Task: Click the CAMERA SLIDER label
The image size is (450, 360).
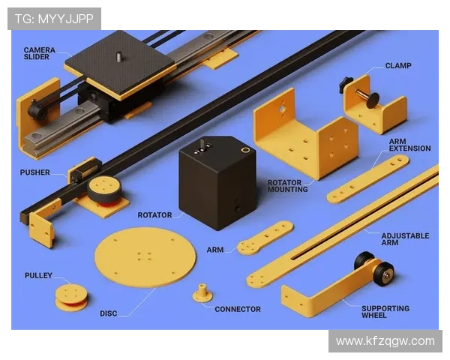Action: pyautogui.click(x=40, y=53)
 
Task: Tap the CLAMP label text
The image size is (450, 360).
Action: pyautogui.click(x=398, y=66)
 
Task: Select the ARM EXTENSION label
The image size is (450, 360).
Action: pyautogui.click(x=409, y=145)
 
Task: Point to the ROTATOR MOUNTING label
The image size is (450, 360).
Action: pyautogui.click(x=287, y=186)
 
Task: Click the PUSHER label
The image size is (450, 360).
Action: pyautogui.click(x=35, y=172)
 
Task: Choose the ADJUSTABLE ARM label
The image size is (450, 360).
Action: pyautogui.click(x=405, y=239)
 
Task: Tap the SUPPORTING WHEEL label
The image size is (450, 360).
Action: pyautogui.click(x=385, y=312)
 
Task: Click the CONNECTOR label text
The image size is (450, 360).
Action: pyautogui.click(x=238, y=309)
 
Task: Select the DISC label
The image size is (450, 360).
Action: pyautogui.click(x=109, y=313)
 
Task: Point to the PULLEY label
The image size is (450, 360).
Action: pyautogui.click(x=38, y=275)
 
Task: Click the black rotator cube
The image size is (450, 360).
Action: pyautogui.click(x=217, y=182)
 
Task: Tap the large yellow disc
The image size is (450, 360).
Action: pyautogui.click(x=145, y=257)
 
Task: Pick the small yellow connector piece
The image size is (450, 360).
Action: pyautogui.click(x=202, y=292)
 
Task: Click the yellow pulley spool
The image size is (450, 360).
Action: pyautogui.click(x=71, y=298)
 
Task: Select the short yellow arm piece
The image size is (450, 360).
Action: pyautogui.click(x=265, y=238)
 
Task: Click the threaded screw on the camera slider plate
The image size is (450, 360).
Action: pyautogui.click(x=118, y=56)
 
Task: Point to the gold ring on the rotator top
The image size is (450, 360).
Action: pyautogui.click(x=245, y=149)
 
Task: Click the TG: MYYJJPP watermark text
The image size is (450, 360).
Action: pyautogui.click(x=54, y=19)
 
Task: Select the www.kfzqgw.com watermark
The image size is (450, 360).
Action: pyautogui.click(x=385, y=341)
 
